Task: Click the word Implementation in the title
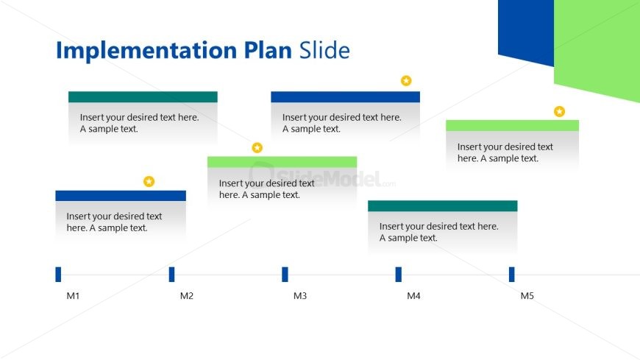[147, 50]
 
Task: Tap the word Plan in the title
[269, 50]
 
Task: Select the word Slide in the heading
[324, 50]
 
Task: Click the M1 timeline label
[73, 296]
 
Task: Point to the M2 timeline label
[187, 296]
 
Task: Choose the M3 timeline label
[300, 296]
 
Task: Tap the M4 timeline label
[414, 296]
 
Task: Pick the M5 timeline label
[527, 296]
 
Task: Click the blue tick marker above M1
[58, 274]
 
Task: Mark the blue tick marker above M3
[285, 274]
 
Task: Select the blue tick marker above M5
[511, 274]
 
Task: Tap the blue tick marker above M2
[171, 274]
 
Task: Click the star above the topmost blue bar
[406, 81]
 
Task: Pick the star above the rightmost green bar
[559, 112]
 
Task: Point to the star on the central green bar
[257, 148]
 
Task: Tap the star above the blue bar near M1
[149, 181]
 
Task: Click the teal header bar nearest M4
[442, 206]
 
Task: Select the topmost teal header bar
[143, 97]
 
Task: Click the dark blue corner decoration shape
[525, 29]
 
